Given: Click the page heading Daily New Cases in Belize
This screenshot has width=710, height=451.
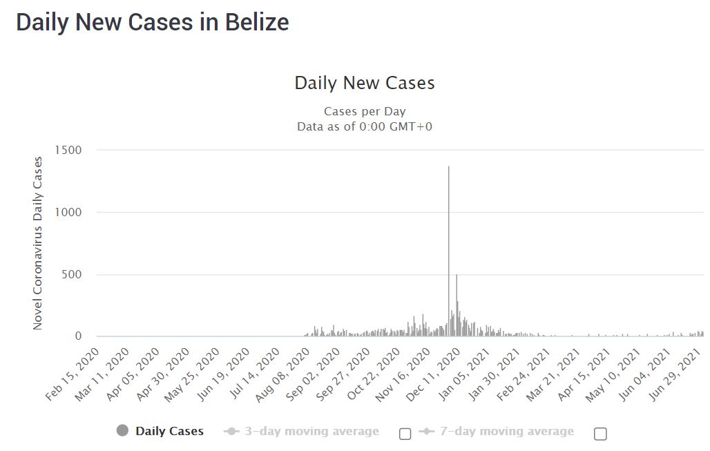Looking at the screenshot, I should point(152,22).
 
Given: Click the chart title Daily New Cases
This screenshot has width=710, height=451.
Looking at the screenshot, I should point(365,83).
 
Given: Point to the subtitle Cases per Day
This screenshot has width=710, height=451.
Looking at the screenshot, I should point(365,111).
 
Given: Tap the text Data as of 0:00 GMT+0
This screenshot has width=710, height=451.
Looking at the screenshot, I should point(365,126).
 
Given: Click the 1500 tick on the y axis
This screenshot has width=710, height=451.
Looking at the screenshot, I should point(68,150).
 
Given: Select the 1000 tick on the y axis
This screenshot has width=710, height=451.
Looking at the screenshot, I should point(68,212).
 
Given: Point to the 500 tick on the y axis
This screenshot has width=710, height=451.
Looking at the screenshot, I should point(72,274).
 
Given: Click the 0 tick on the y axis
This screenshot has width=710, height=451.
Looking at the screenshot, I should point(78,336).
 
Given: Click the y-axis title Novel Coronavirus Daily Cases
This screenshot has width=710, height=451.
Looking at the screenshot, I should point(38,243).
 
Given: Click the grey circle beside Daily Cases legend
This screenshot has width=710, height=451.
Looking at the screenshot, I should point(123,431).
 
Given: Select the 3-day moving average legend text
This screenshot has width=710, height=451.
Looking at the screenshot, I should point(311,431).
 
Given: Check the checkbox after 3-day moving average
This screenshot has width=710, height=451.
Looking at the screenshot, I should point(405,434).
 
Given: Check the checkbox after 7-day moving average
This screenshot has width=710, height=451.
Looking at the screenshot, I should point(600,434).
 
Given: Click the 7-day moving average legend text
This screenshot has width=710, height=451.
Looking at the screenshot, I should point(507,431).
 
